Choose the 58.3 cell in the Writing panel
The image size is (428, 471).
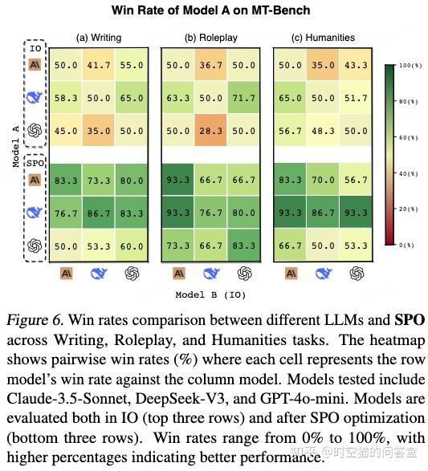pyautogui.click(x=67, y=97)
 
